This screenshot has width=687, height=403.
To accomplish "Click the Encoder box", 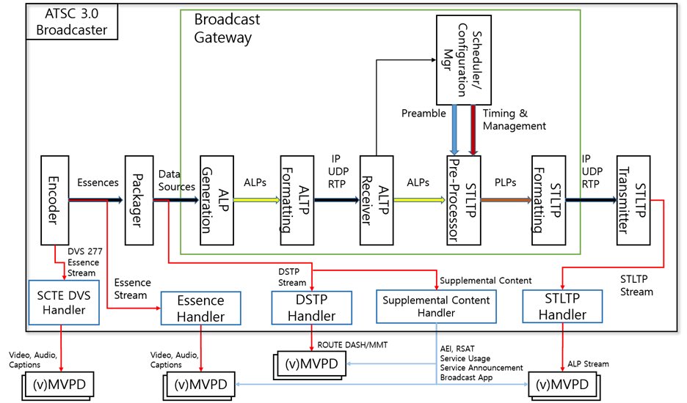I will click(54, 199).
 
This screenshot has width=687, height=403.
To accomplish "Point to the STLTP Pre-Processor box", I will click(462, 199).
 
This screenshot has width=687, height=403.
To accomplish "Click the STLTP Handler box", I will click(563, 306).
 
